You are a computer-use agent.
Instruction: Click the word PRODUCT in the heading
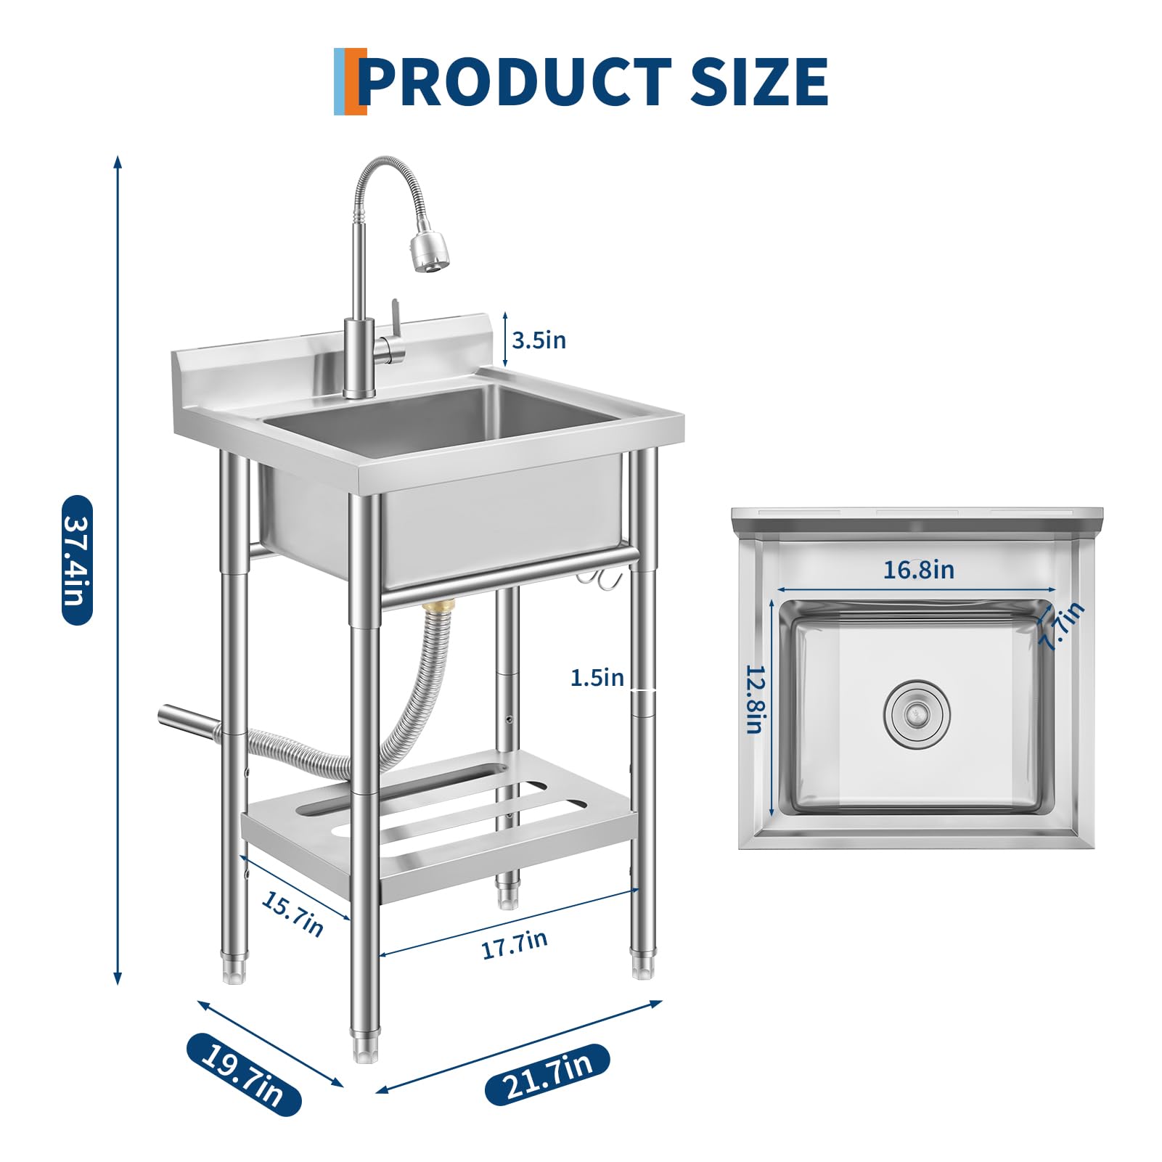click(515, 81)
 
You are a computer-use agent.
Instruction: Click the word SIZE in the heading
click(758, 81)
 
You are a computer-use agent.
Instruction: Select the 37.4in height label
click(78, 560)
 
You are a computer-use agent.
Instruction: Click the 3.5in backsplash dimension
click(539, 340)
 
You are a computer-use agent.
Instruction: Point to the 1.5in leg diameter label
click(597, 678)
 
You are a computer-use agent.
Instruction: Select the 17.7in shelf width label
click(515, 945)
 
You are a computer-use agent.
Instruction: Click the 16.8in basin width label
click(918, 570)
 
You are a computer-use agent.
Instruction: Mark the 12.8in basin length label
click(756, 699)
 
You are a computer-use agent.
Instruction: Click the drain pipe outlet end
click(165, 714)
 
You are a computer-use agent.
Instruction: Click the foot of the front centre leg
click(364, 1050)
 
